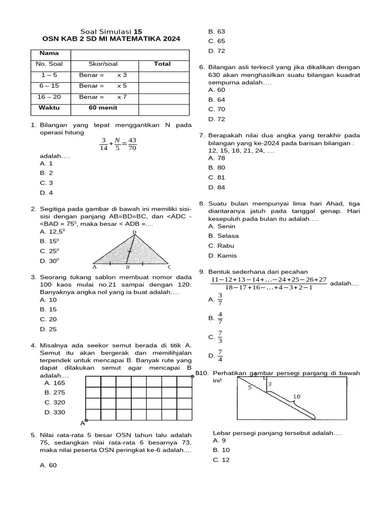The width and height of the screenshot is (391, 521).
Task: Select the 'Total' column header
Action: tap(162, 64)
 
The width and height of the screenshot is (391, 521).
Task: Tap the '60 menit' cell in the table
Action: tap(103, 108)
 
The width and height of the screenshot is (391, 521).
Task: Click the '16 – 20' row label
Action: tap(50, 97)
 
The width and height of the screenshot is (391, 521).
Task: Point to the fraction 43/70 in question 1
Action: tap(132, 144)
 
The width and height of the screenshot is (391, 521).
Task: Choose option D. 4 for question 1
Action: tap(46, 193)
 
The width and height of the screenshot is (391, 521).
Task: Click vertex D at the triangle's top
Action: tap(134, 233)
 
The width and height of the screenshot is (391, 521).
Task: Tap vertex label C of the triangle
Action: tap(169, 267)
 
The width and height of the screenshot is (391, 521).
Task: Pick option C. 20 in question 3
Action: tap(48, 320)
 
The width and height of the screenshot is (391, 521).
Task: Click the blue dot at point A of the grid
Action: tap(86, 420)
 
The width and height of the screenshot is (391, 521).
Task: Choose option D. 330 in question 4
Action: tap(55, 412)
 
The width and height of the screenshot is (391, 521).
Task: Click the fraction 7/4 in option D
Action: tap(220, 355)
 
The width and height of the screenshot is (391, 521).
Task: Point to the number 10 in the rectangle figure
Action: tap(297, 396)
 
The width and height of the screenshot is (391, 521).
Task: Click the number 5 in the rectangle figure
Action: tap(249, 387)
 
